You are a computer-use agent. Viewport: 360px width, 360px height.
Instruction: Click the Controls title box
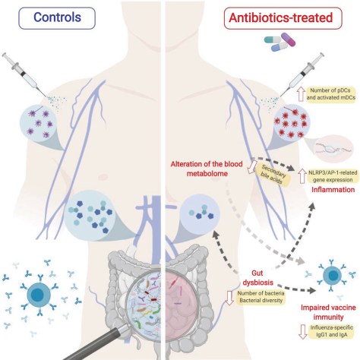pyautogui.click(x=57, y=18)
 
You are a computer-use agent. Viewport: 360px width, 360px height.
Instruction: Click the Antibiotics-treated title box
pyautogui.click(x=283, y=18)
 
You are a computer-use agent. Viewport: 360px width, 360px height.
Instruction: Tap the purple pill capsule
pyautogui.click(x=288, y=39)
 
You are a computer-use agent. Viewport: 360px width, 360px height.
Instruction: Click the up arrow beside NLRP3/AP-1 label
pyautogui.click(x=302, y=176)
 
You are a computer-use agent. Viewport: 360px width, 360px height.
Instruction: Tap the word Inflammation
pyautogui.click(x=333, y=189)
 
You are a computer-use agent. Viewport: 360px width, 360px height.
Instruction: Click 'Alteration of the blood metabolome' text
pyautogui.click(x=207, y=169)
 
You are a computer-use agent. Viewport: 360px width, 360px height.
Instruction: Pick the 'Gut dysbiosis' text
pyautogui.click(x=257, y=277)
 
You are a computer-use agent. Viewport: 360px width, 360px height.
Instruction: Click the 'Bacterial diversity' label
pyautogui.click(x=261, y=301)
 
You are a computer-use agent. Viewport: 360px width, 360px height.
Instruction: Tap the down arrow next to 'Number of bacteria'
pyautogui.click(x=229, y=298)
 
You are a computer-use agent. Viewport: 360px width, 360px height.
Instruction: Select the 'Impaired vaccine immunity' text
pyautogui.click(x=328, y=312)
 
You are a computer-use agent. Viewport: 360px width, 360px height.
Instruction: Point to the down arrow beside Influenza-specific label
pyautogui.click(x=302, y=331)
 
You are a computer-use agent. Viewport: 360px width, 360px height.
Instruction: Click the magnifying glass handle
pyautogui.click(x=93, y=343)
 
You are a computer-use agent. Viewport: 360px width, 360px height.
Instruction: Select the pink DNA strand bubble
pyautogui.click(x=333, y=148)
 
